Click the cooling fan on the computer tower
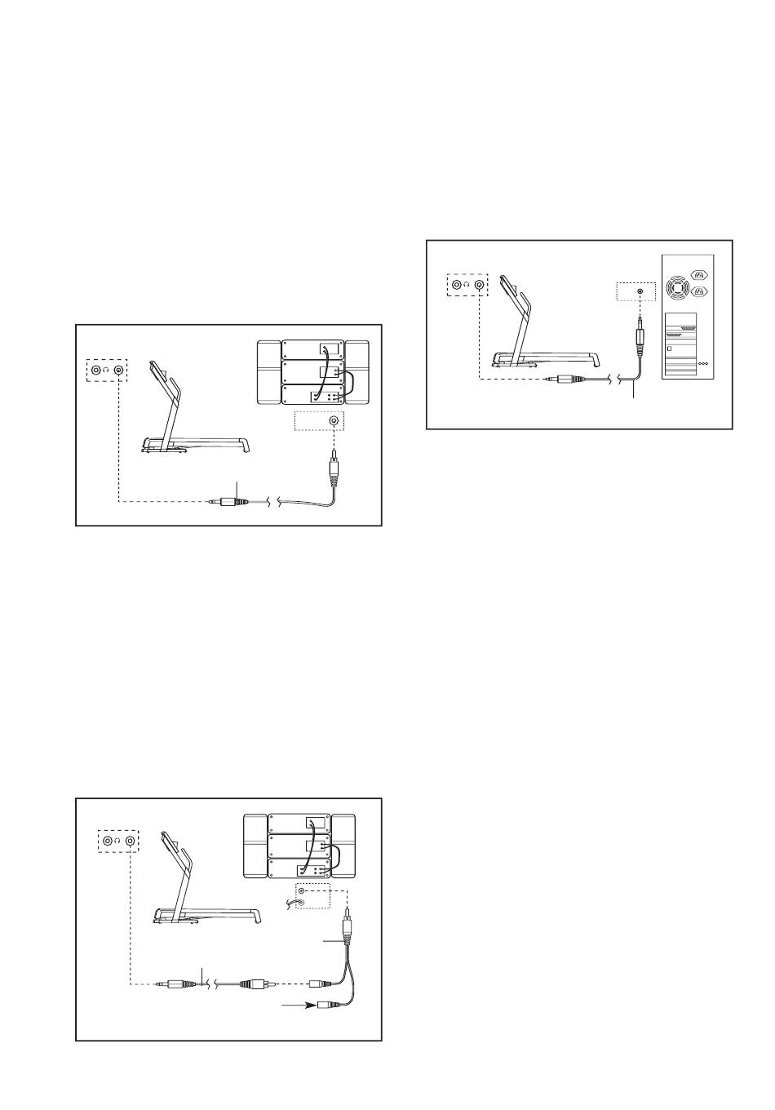tap(677, 287)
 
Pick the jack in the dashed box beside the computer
tap(640, 291)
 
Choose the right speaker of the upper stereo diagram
tap(357, 372)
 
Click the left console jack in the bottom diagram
tap(108, 839)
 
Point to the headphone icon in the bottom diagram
tap(118, 840)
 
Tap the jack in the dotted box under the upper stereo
tap(333, 421)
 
